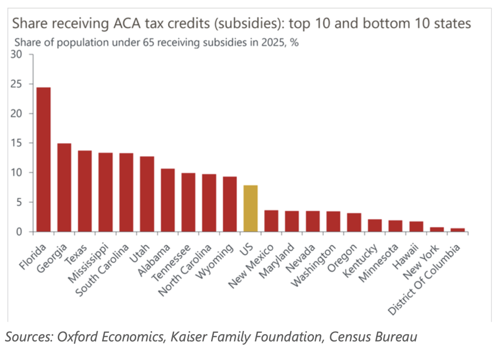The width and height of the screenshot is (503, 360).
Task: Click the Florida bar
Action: [x=43, y=159]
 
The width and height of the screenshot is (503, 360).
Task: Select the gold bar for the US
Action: [x=250, y=208]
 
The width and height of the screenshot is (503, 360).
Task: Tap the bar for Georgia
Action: [x=64, y=187]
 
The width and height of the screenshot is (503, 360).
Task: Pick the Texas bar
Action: [x=85, y=191]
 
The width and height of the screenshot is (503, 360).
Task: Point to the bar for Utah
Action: [x=147, y=194]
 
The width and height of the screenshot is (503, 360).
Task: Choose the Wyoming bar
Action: [x=229, y=204]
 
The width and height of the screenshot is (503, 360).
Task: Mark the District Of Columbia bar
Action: [x=457, y=230]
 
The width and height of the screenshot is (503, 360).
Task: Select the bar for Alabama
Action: [x=168, y=200]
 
